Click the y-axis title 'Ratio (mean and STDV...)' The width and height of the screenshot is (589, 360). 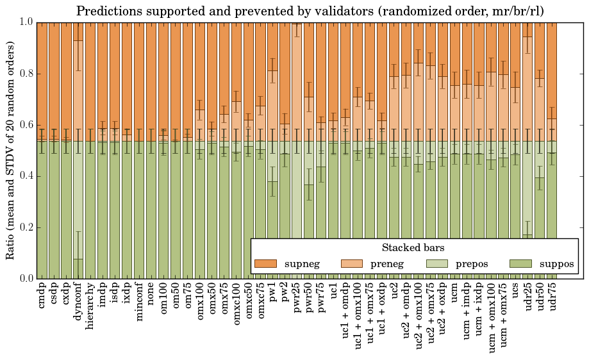11,150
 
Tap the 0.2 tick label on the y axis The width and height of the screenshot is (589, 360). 26,227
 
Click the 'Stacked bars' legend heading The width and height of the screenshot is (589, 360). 413,247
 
